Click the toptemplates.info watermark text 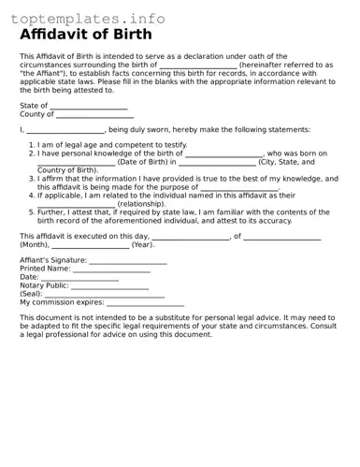point(89,19)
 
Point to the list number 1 point(31,146)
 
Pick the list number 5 point(31,212)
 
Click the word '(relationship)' point(141,203)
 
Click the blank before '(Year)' point(91,246)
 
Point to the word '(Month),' point(35,244)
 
